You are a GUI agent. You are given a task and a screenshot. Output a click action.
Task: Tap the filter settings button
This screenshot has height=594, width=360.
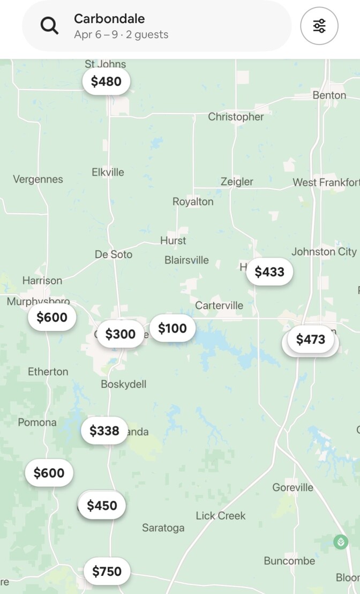[319, 26]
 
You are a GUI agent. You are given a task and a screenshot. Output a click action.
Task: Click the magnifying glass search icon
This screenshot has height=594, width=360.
[50, 26]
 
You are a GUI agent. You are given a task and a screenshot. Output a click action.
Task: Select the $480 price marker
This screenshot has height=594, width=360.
[106, 81]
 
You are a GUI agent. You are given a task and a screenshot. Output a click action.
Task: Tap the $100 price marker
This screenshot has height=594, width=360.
[172, 328]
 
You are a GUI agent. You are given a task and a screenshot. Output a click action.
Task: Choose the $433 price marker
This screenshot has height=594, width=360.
[269, 272]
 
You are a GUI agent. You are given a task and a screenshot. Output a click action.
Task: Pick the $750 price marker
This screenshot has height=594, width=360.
[107, 572]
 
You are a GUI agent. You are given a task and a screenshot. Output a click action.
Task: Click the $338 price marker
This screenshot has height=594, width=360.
[104, 431]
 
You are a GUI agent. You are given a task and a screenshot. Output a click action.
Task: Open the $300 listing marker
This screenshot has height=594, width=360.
[121, 334]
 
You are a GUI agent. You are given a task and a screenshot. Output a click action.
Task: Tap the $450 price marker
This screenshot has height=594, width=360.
[102, 506]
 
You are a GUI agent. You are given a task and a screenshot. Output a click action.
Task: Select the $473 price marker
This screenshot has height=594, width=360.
[311, 340]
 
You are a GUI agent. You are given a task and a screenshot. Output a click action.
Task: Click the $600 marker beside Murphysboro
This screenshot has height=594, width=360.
[52, 318]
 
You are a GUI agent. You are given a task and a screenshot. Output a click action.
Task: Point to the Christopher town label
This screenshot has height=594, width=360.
[236, 117]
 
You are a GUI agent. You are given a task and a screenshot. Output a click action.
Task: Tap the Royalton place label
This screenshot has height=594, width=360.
[193, 202]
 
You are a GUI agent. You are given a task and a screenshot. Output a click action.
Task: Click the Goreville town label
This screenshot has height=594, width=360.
[292, 487]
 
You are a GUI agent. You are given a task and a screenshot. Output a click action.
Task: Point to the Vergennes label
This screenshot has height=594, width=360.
[38, 179]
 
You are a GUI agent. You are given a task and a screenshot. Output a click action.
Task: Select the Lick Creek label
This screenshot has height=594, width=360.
[221, 516]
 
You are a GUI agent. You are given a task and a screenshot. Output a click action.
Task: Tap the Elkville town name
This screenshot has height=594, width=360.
[108, 172]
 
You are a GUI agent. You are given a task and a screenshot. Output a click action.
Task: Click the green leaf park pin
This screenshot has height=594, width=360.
[341, 542]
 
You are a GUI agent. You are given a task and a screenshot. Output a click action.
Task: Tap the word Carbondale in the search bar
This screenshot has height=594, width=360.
[109, 19]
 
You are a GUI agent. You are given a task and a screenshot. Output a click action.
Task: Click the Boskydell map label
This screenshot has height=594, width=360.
[123, 384]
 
